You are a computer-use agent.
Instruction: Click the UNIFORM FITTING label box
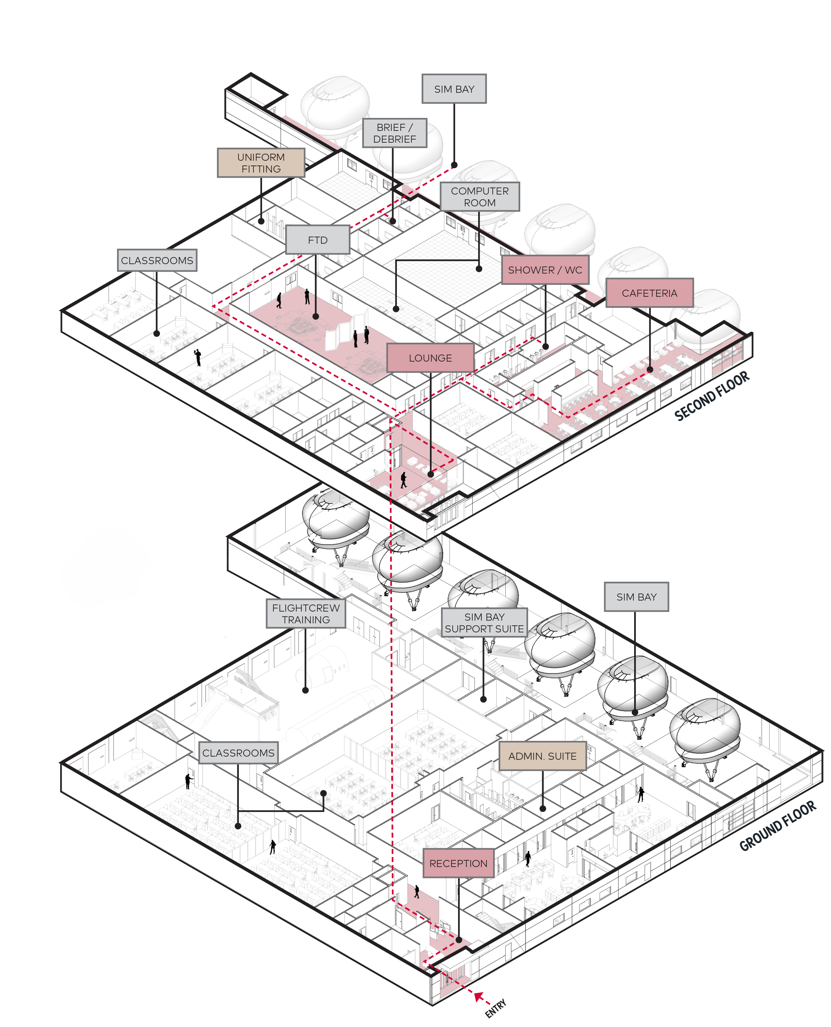pyautogui.click(x=261, y=163)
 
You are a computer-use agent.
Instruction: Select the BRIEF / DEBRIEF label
pyautogui.click(x=394, y=133)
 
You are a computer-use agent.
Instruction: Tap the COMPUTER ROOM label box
pyautogui.click(x=480, y=196)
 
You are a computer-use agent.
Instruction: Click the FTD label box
pyautogui.click(x=317, y=240)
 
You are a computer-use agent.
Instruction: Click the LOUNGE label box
pyautogui.click(x=430, y=358)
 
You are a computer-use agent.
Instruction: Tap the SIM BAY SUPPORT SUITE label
pyautogui.click(x=484, y=623)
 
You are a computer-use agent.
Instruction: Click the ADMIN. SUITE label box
pyautogui.click(x=542, y=756)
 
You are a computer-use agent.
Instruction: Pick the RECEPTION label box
pyautogui.click(x=458, y=863)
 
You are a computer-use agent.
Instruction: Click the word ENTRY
pyautogui.click(x=495, y=1008)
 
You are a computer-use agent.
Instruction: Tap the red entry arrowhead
pyautogui.click(x=478, y=996)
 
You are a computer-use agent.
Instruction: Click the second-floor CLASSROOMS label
pyautogui.click(x=157, y=261)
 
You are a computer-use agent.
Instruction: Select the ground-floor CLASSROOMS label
pyautogui.click(x=238, y=753)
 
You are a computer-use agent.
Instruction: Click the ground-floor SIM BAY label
pyautogui.click(x=636, y=597)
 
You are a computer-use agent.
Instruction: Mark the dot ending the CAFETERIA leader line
pyautogui.click(x=649, y=369)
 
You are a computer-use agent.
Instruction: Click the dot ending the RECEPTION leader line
pyautogui.click(x=459, y=940)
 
